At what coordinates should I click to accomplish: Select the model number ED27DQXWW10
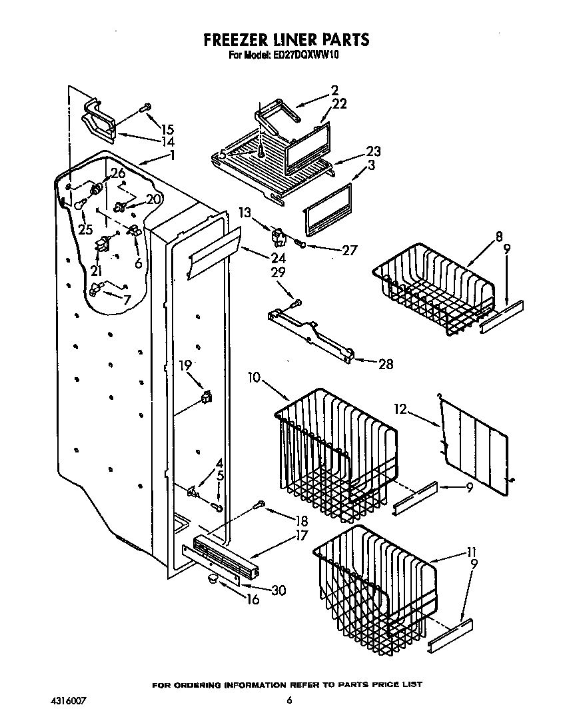coord(305,57)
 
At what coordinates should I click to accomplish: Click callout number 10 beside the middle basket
coord(255,378)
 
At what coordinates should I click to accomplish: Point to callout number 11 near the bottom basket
coord(472,551)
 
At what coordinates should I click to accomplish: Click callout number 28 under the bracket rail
coord(384,364)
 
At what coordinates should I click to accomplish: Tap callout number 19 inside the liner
coord(185,364)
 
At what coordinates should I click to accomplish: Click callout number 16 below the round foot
coord(253,598)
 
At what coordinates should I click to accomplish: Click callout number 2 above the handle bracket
coord(334,90)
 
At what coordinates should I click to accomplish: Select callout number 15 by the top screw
coord(167,129)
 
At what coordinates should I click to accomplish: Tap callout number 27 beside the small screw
coord(349,251)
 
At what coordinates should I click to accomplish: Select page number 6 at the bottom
coord(289,700)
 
